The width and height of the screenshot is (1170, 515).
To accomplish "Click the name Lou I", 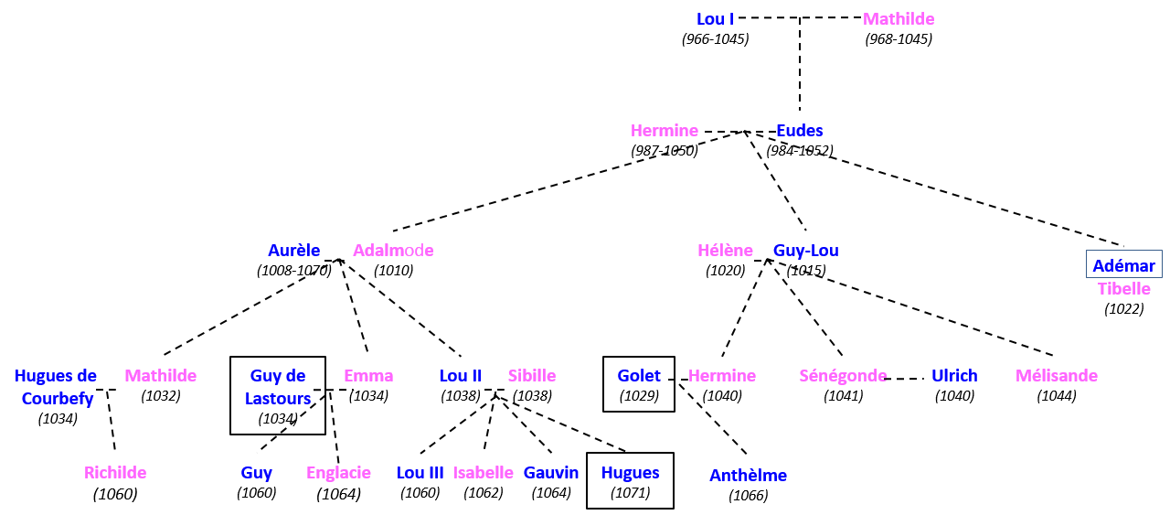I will pyautogui.click(x=715, y=19).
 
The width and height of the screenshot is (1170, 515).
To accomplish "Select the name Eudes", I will pyautogui.click(x=799, y=131).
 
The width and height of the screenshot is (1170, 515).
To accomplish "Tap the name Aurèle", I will pyautogui.click(x=293, y=251).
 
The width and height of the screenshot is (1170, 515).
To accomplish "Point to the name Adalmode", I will pyautogui.click(x=393, y=251).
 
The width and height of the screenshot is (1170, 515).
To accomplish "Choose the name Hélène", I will pyautogui.click(x=725, y=251).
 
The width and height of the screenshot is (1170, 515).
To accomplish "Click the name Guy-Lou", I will pyautogui.click(x=805, y=251).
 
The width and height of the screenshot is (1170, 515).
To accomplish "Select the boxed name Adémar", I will pyautogui.click(x=1123, y=265).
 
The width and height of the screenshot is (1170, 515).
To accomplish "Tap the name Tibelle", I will pyautogui.click(x=1123, y=289).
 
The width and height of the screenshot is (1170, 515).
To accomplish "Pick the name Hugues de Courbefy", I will pyautogui.click(x=57, y=387).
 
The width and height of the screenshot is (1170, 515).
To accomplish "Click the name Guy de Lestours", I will pyautogui.click(x=278, y=387).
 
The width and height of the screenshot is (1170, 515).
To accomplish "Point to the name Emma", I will pyautogui.click(x=368, y=376).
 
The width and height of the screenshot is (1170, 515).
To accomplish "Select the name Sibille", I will pyautogui.click(x=531, y=376).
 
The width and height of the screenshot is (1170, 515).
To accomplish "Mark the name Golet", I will pyautogui.click(x=639, y=376).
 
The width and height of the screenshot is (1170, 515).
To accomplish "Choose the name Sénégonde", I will pyautogui.click(x=843, y=376).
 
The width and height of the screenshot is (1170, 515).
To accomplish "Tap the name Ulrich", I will pyautogui.click(x=954, y=376).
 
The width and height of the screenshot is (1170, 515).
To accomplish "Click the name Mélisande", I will pyautogui.click(x=1056, y=376).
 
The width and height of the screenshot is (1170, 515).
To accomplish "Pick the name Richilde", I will pyautogui.click(x=115, y=473).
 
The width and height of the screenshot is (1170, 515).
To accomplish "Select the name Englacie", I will pyautogui.click(x=338, y=473).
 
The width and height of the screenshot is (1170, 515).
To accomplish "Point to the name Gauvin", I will pyautogui.click(x=551, y=473).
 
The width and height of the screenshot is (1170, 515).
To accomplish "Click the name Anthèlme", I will pyautogui.click(x=748, y=476).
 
